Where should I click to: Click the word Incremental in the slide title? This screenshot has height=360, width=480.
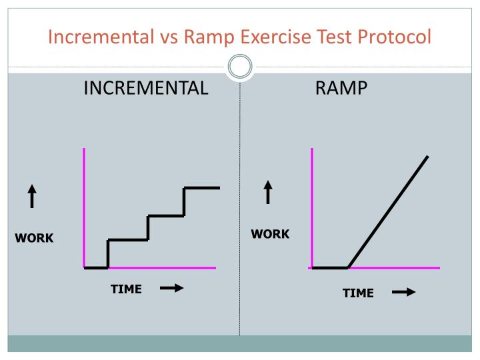point(99,36)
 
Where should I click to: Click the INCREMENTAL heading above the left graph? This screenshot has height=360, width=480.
point(145,88)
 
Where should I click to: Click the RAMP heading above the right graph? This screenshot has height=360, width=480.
point(341,88)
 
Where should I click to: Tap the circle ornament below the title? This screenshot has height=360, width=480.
point(240,67)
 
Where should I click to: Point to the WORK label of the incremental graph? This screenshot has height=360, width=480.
point(35,238)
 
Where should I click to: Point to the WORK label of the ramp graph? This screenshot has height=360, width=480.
point(270,234)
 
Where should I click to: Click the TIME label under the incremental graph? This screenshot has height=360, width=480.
point(126,289)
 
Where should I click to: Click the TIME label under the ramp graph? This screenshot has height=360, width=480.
point(358,293)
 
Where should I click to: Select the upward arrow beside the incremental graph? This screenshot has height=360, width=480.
point(32,197)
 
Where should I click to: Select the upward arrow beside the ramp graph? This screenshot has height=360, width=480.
point(268,192)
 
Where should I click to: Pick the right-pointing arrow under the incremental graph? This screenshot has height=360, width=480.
point(171,289)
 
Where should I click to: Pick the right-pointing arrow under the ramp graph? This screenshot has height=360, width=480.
point(404,292)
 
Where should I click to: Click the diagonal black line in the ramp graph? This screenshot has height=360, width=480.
point(388,211)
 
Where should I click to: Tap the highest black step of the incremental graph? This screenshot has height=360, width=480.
point(201,188)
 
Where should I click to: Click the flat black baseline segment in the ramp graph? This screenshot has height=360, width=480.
point(330,267)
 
